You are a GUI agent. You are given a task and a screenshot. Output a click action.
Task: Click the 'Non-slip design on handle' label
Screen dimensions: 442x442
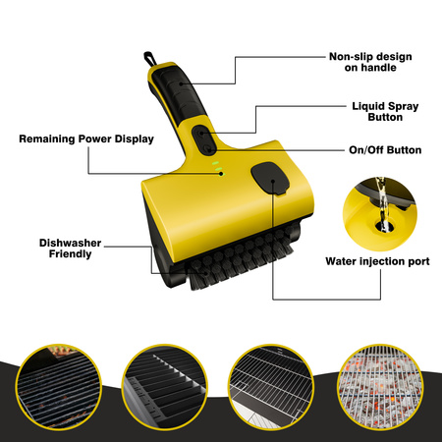click(370, 62)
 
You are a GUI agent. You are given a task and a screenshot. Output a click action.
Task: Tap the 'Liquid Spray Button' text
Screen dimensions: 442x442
click(385, 112)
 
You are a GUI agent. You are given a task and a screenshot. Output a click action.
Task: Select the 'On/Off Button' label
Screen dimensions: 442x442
click(385, 150)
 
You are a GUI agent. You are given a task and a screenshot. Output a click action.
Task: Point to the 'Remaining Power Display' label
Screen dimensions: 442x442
click(86, 138)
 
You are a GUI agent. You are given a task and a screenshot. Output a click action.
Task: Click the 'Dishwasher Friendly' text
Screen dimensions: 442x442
click(70, 249)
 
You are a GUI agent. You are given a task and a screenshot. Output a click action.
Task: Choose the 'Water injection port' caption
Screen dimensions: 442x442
click(377, 261)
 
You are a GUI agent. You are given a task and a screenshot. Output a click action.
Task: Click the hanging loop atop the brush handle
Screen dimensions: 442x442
click(149, 59)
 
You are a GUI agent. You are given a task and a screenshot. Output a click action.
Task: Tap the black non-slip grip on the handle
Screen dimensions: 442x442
click(179, 92)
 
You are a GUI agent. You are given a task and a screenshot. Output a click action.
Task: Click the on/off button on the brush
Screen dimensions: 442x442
click(207, 149)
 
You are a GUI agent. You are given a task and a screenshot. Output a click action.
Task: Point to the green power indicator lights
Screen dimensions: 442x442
click(218, 168)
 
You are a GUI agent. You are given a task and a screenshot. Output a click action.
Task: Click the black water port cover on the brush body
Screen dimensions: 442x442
click(270, 179)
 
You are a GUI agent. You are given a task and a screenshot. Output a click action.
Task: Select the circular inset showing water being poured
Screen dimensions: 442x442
click(380, 214)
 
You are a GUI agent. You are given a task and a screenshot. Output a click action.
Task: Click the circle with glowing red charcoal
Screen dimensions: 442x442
click(380, 386)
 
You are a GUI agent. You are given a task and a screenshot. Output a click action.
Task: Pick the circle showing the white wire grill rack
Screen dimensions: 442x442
click(271, 386)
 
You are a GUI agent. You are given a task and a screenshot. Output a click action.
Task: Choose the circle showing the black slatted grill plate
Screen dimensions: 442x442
click(165, 386)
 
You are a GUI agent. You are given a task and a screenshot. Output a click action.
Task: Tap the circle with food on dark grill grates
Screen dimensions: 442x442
click(58, 386)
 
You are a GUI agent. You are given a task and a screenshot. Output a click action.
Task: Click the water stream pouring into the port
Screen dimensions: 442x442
click(382, 204)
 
